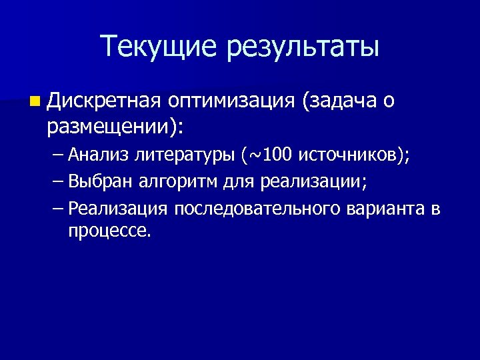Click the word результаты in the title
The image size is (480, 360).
(x=303, y=47)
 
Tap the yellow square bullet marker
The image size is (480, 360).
(x=35, y=102)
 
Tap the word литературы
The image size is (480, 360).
(x=185, y=156)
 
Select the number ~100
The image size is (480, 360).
(x=270, y=156)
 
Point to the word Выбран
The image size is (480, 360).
(x=100, y=182)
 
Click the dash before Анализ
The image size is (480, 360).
(x=58, y=156)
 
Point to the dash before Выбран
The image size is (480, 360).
(x=58, y=182)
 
